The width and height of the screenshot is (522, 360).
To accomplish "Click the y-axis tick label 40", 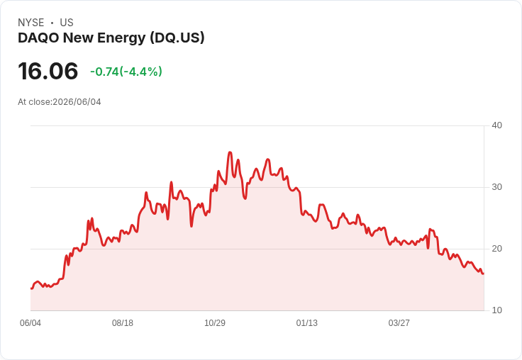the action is [496, 125].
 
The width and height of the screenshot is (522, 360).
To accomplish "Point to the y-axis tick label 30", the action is [496, 187].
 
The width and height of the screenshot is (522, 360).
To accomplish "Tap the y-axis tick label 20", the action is [496, 249].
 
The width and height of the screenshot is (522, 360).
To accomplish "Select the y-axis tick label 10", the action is [496, 310].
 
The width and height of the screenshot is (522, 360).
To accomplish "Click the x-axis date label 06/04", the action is [30, 323].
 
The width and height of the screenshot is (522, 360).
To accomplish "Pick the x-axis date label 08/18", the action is [123, 323].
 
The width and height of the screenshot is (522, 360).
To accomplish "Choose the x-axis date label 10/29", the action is [215, 323].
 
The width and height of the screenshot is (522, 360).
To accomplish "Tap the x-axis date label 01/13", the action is [307, 323].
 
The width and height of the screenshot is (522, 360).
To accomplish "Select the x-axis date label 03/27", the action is [399, 323].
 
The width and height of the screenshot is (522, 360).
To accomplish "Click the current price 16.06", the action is [48, 71].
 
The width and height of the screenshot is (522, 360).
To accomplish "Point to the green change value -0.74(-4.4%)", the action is [126, 72].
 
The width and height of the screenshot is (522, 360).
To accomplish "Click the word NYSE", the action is [31, 23].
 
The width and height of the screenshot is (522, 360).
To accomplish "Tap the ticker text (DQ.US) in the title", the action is [177, 38].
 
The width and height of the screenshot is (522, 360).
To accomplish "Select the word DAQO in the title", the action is [38, 38].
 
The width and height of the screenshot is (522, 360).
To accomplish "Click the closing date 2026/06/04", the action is [77, 102].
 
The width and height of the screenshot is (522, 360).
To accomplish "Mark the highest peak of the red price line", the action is [230, 152].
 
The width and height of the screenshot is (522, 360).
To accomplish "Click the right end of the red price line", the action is [484, 274].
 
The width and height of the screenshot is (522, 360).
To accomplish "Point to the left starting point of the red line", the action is [31, 288].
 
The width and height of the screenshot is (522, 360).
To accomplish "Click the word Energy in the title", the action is [121, 38].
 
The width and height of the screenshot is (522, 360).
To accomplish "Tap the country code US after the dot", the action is [67, 23].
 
